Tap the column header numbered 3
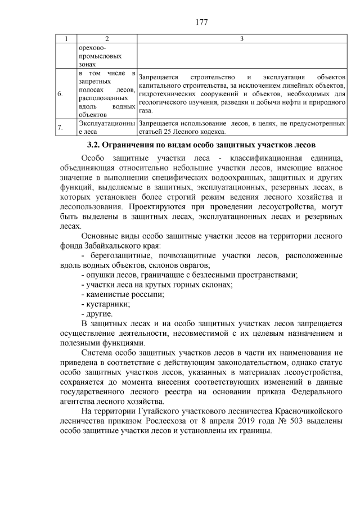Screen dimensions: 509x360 click(x=241, y=38)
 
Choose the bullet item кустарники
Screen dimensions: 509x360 click(x=106, y=304)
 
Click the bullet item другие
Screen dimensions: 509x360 click(x=97, y=313)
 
